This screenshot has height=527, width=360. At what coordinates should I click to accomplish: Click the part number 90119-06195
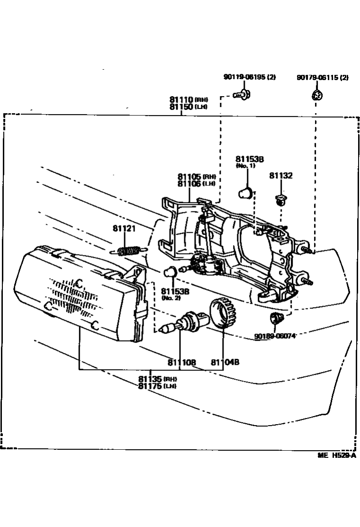tap(245, 77)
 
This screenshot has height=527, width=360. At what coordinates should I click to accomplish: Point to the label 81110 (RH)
tap(189, 100)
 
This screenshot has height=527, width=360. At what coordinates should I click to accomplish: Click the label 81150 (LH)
tap(189, 107)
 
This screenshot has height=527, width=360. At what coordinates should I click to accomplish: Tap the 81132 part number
tap(281, 175)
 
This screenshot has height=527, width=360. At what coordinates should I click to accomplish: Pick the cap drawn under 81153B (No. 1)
tap(244, 193)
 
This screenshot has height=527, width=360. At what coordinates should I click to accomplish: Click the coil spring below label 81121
tap(128, 250)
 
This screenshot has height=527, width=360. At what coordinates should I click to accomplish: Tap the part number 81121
tap(124, 228)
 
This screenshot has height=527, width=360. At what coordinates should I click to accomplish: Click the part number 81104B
tap(225, 363)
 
